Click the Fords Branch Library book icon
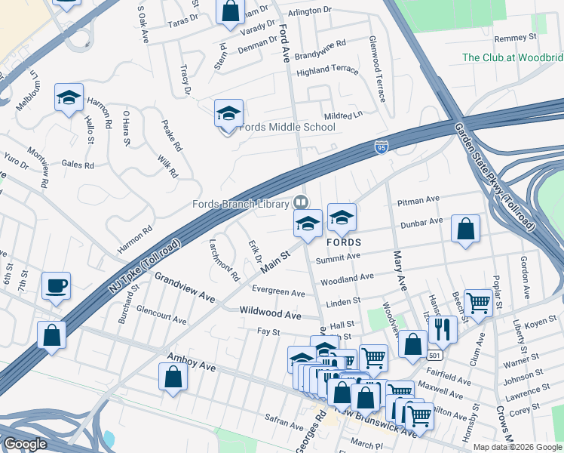tap(301, 202)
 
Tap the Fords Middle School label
tap(287, 127)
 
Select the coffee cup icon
tap(57, 286)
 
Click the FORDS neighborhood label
tap(343, 242)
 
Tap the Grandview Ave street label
tap(185, 288)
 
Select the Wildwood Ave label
tap(270, 313)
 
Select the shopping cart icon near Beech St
tap(478, 303)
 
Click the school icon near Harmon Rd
tap(68, 98)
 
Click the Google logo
tap(26, 444)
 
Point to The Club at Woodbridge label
tap(512, 57)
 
